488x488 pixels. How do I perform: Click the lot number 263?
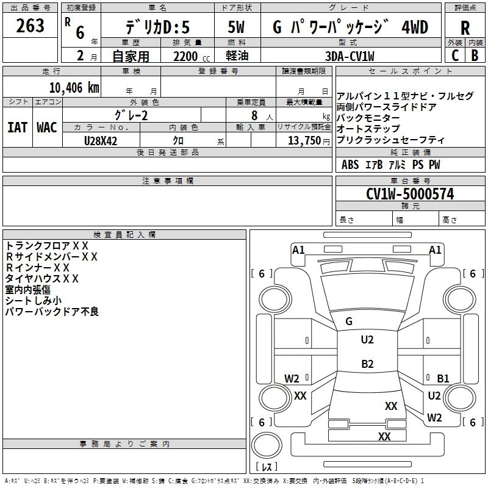[x=30, y=26]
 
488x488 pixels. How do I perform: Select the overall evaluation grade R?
[x=465, y=28]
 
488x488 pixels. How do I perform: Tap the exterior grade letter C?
[x=454, y=56]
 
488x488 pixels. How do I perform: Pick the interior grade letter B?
[x=475, y=56]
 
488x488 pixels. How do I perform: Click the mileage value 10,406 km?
[x=74, y=87]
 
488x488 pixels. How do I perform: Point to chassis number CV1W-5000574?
[x=410, y=194]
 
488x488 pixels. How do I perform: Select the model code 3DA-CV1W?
[x=350, y=56]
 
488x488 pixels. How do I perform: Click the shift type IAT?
[x=17, y=127]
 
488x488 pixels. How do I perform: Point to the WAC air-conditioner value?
[x=46, y=127]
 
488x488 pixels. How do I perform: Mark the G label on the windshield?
[x=349, y=321]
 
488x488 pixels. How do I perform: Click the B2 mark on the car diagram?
[x=367, y=364]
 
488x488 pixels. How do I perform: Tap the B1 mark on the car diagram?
[x=443, y=378]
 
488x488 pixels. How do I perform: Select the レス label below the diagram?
[x=267, y=467]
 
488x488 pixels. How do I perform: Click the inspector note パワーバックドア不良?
[x=52, y=312]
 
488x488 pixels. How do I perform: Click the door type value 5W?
[x=236, y=27]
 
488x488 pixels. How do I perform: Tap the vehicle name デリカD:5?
[x=157, y=27]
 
